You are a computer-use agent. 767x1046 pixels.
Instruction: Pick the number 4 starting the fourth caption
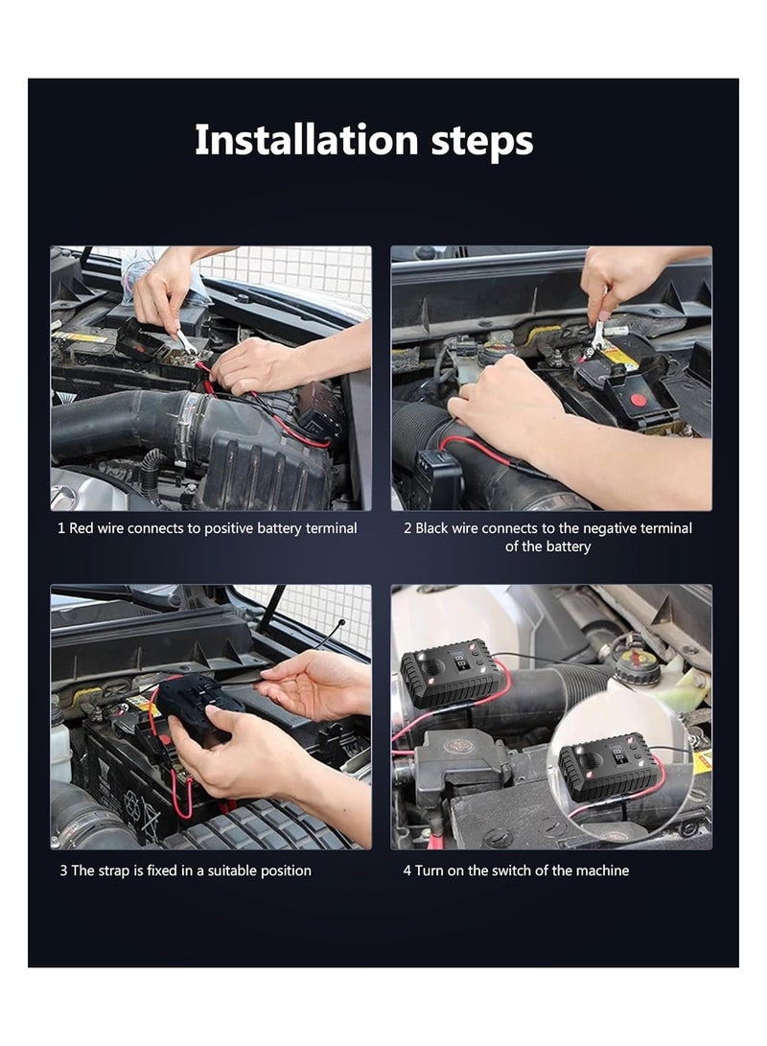(x=407, y=871)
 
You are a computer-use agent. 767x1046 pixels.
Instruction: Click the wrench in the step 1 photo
(x=184, y=340)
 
